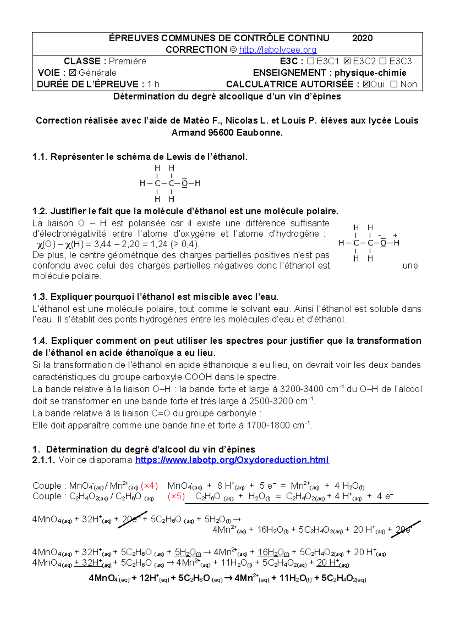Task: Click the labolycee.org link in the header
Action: point(278,50)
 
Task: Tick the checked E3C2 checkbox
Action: point(347,61)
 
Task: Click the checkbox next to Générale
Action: point(72,73)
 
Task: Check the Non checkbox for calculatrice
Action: point(394,84)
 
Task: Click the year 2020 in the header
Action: point(362,38)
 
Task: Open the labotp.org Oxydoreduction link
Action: point(232,460)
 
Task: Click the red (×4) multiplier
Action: point(149,486)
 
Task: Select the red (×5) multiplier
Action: point(176,496)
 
